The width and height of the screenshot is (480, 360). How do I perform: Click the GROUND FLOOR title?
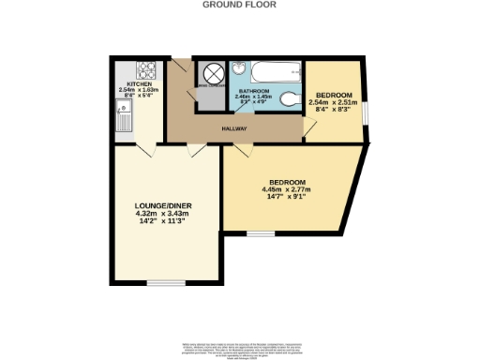point(239,4)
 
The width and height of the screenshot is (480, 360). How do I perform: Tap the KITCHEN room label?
point(127,83)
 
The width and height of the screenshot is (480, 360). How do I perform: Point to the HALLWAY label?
point(234,128)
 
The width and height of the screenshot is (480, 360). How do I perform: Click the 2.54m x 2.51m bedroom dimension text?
point(334,103)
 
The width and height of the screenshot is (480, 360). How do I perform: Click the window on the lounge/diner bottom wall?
point(165,282)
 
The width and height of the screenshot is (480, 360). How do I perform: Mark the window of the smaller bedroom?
point(367,110)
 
